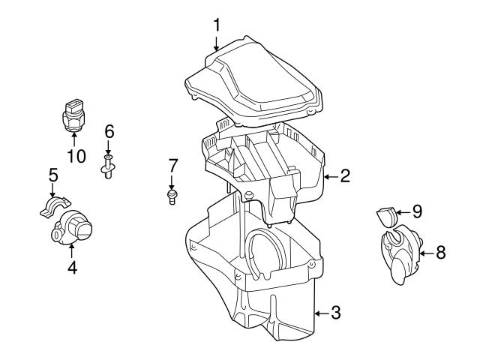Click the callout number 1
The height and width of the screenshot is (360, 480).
(217, 25)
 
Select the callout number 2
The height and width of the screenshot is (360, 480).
(344, 176)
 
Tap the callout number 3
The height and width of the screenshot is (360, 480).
(335, 312)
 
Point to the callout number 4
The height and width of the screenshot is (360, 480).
(72, 265)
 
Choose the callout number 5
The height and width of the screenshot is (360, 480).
(53, 175)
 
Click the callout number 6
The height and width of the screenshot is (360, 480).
(109, 132)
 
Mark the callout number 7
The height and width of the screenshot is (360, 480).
(172, 165)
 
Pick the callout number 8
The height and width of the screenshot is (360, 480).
(440, 253)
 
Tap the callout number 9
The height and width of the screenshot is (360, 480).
(417, 211)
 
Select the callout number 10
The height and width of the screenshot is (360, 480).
(76, 156)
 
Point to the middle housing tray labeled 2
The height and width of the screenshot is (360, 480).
(262, 161)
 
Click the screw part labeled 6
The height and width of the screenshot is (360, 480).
(109, 166)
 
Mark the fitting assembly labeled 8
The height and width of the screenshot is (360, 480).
(400, 254)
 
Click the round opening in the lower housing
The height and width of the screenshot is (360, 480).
(265, 252)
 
